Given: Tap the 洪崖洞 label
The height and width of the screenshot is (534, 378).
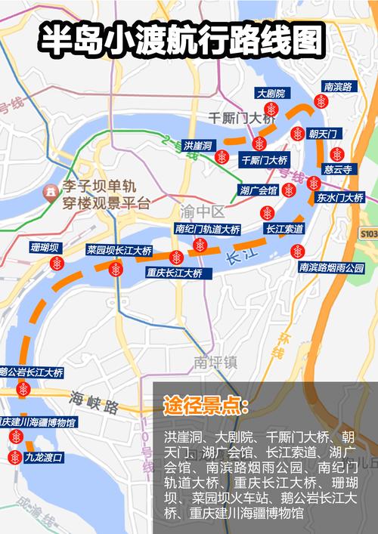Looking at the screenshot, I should (x=198, y=144).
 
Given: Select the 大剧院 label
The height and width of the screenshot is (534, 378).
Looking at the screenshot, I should (x=270, y=94).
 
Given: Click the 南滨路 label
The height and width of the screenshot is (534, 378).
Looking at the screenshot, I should (x=337, y=87).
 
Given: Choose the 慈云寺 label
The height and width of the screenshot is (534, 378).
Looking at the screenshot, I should (x=338, y=170).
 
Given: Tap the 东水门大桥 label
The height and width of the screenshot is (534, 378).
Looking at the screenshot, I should (x=339, y=198).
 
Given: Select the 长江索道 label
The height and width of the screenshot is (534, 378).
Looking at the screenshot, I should (x=284, y=228).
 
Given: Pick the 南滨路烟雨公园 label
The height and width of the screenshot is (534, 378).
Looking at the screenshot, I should (x=331, y=267).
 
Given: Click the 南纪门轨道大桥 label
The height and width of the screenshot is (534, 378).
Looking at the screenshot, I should (x=207, y=229).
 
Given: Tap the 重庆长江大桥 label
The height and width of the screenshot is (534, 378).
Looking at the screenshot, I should (x=175, y=272).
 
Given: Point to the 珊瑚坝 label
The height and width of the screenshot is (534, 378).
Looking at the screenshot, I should (x=45, y=248).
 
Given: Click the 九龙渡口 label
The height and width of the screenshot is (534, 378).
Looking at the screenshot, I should (x=42, y=457).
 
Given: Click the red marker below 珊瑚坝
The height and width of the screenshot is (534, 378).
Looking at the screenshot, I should (x=57, y=263).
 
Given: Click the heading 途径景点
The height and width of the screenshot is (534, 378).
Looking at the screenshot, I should (x=206, y=406).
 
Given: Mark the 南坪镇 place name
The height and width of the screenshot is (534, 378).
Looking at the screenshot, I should (x=215, y=361).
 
